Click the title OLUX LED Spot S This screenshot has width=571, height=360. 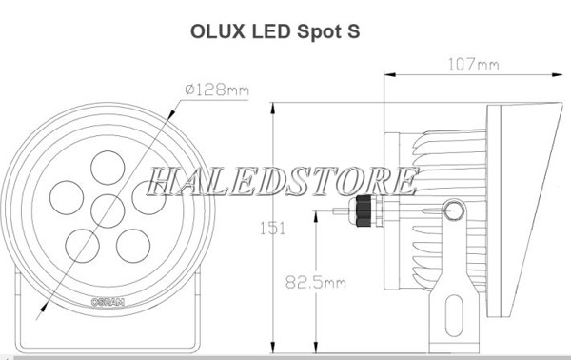click(275, 31)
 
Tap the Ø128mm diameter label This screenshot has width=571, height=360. click(217, 90)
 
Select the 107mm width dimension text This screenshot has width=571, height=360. click(473, 65)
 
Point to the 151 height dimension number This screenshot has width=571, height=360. click(272, 229)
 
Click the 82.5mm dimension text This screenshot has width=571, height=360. click(315, 283)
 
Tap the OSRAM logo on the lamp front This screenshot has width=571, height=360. click(108, 302)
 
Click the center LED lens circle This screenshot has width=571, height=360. click(108, 211)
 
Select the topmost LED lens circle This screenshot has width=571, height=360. click(108, 168)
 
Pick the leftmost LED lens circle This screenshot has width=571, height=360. click(67, 197)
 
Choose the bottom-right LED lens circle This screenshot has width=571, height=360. click(133, 246)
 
